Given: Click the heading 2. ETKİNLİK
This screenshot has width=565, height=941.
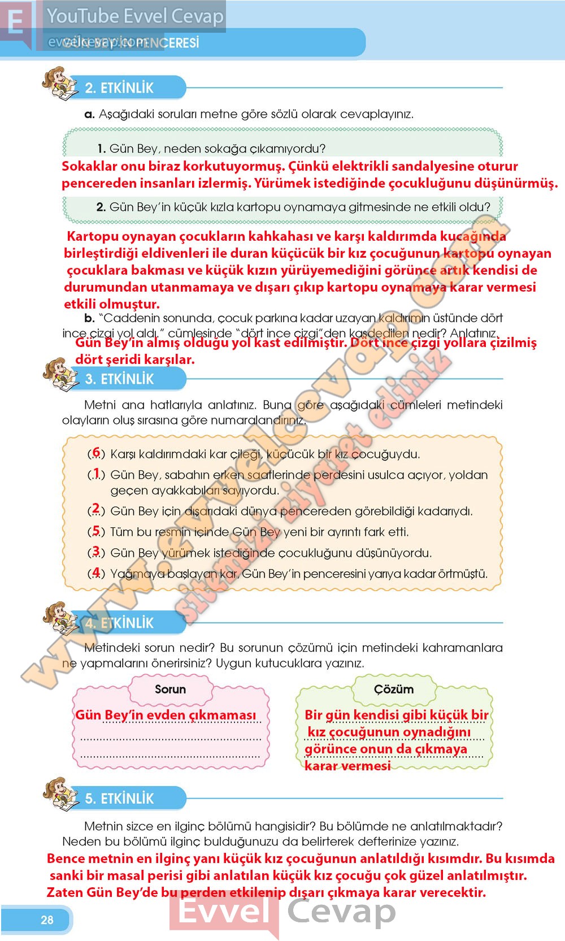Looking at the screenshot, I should tap(119, 88).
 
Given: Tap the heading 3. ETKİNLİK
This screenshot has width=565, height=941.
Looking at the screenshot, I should tap(119, 379).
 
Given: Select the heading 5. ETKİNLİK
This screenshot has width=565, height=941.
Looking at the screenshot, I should tap(119, 798).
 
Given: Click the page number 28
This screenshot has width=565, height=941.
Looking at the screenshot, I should tap(47, 920).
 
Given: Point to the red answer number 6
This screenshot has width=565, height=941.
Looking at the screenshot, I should tap(96, 453).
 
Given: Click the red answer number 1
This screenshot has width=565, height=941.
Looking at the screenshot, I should tap(96, 473).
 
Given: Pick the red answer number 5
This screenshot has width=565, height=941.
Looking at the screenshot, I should tap(96, 531).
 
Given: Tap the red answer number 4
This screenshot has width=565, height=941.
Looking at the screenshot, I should tap(96, 573).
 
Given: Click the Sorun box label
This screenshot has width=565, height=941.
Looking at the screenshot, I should tap(170, 689).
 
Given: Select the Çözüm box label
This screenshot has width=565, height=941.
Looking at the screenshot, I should tap(394, 689).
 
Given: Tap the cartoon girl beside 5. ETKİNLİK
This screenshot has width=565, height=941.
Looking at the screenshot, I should tap(60, 794).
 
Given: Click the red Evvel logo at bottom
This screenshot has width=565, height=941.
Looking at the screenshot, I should tap(223, 911).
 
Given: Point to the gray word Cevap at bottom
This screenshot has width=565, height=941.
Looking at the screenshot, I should tap(341, 911).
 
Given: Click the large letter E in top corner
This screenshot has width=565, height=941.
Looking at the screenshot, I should tap(16, 23).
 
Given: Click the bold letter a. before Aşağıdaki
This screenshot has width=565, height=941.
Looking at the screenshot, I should tap(89, 114).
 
